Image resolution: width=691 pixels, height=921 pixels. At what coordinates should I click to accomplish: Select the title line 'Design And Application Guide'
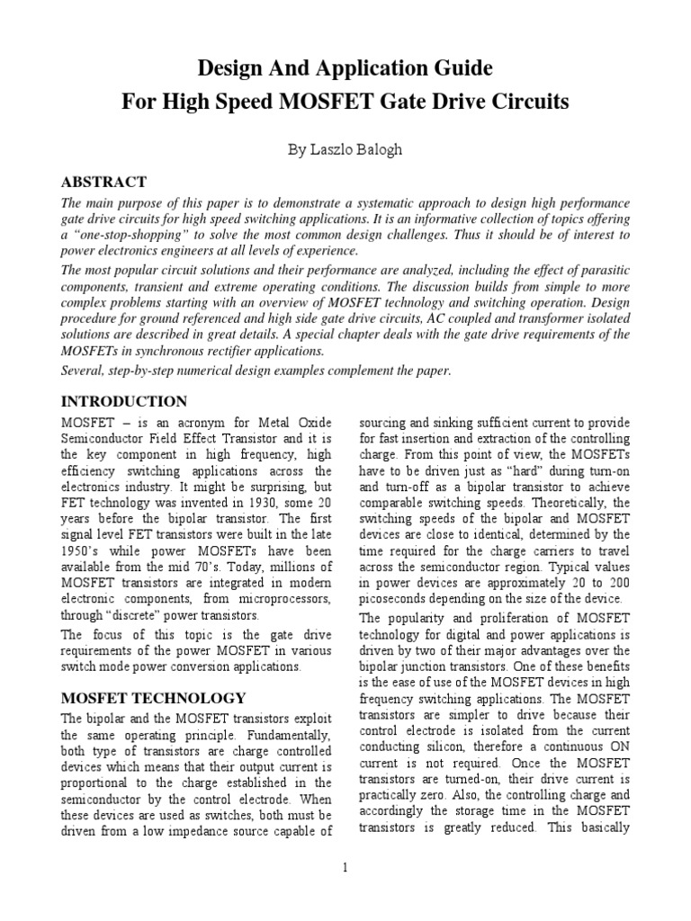click(345, 68)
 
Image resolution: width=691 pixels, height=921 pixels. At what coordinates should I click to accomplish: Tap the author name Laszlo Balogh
click(358, 150)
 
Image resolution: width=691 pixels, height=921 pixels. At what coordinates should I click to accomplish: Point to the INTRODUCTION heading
click(124, 401)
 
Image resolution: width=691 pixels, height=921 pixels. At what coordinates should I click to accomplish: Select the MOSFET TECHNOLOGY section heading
click(152, 697)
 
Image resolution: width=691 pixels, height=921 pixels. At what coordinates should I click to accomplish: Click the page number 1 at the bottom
click(345, 867)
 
